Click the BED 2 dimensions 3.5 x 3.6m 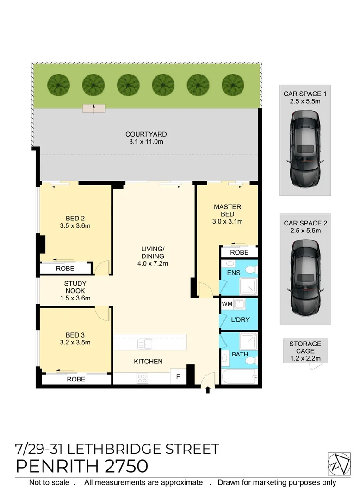74,226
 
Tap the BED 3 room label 74,335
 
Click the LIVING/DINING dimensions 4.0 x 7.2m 153,263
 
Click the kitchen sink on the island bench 144,344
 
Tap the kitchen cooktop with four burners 142,378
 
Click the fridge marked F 178,377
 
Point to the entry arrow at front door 207,390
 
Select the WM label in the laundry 227,304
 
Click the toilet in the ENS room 250,270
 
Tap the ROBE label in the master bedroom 239,252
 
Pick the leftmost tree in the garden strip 58,85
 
